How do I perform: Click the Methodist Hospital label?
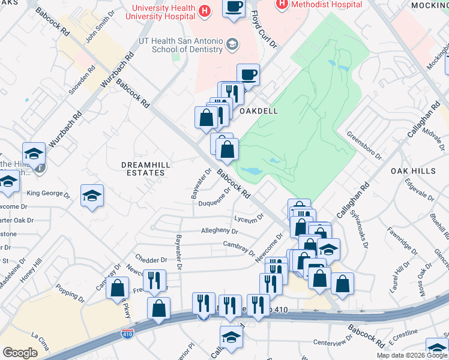click(x=327, y=4)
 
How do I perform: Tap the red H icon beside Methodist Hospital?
click(x=281, y=4)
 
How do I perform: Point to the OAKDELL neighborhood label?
click(x=258, y=112)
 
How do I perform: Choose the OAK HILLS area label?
click(x=413, y=171)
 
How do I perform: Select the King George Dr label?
click(x=49, y=193)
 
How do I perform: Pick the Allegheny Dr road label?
click(x=220, y=230)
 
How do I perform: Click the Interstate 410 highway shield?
click(x=127, y=334)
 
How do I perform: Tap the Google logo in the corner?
click(x=20, y=352)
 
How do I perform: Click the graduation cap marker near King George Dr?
click(x=92, y=196)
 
